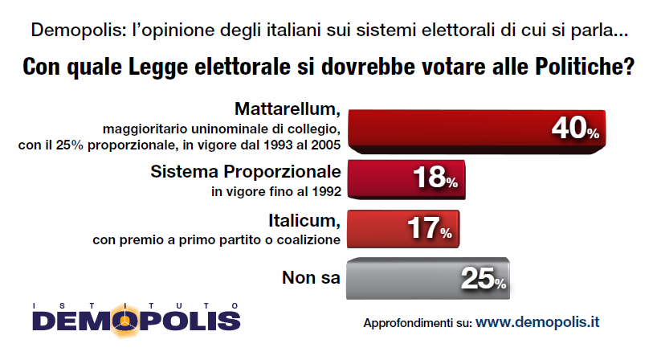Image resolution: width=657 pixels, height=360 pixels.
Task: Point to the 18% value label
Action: [434, 179]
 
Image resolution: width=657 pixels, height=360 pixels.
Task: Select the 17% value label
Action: [429, 230]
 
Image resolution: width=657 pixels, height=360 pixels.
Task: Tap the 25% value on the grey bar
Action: [483, 279]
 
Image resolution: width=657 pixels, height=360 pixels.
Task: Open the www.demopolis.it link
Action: [537, 323]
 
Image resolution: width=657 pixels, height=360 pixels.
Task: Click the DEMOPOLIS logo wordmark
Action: [137, 320]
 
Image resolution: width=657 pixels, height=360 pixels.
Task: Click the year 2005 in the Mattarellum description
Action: [326, 145]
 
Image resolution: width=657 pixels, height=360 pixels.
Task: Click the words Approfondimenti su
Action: [417, 324]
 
